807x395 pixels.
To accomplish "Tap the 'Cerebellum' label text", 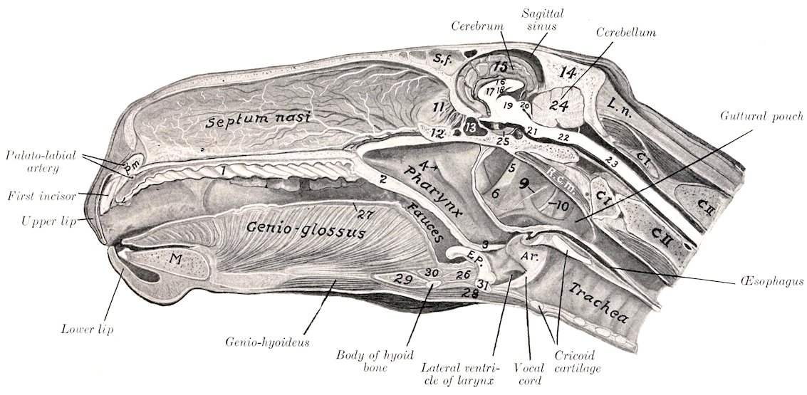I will click(626, 33).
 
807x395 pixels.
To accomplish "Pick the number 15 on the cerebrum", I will click(500, 66).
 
